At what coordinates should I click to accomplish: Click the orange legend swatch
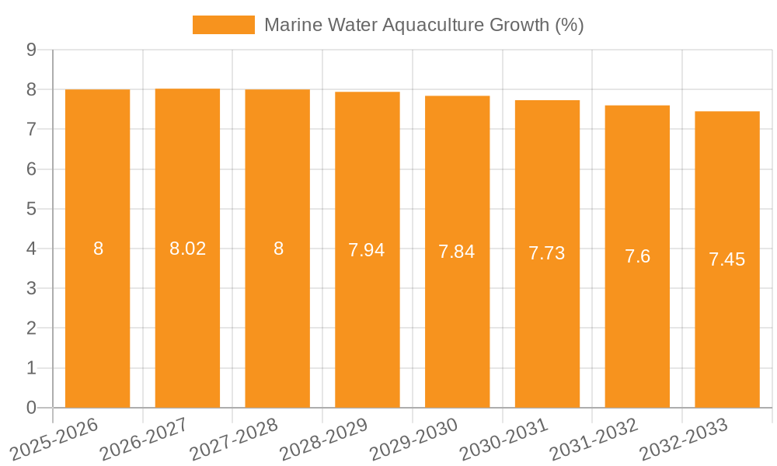click(224, 25)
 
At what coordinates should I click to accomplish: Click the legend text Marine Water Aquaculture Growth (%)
click(423, 25)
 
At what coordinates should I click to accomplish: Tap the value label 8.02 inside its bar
click(187, 249)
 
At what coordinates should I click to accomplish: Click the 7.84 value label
click(457, 252)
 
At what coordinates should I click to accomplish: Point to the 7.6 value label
click(637, 256)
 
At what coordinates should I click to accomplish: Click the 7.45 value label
click(727, 259)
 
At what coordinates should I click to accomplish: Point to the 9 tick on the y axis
click(31, 50)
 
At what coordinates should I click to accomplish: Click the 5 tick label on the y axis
click(31, 209)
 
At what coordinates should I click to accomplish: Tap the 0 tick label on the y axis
click(31, 408)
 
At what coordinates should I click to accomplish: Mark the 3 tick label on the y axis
click(31, 289)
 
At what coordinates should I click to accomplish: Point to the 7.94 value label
click(367, 250)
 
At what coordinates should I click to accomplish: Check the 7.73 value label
click(547, 253)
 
